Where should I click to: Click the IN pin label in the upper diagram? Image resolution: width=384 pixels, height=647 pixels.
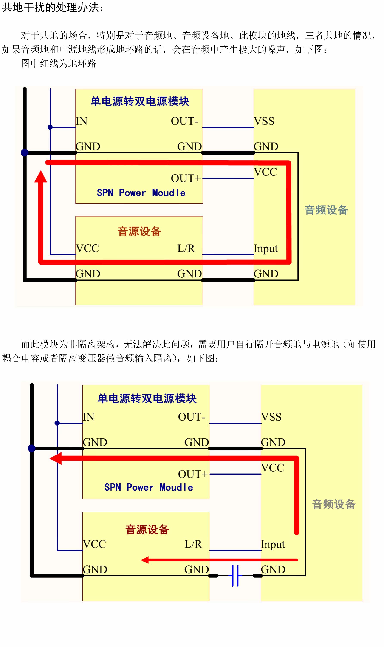[x=82, y=121]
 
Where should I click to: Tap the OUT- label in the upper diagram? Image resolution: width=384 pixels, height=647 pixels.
[x=184, y=121]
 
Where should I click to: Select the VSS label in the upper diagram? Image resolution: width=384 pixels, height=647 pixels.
[x=264, y=121]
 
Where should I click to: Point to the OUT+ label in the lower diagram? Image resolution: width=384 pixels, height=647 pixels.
[x=193, y=474]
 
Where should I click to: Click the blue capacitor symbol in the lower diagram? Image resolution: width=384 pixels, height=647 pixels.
[x=235, y=576]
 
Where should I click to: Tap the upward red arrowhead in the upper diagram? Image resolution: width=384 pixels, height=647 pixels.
[x=41, y=177]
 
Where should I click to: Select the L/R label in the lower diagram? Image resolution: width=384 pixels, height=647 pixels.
[x=193, y=544]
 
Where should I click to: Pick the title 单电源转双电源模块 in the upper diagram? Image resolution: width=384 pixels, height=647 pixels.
[x=140, y=101]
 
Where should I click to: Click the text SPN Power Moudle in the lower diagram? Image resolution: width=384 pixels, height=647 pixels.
[x=149, y=487]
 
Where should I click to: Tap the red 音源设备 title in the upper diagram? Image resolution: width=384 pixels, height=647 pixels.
[x=139, y=231]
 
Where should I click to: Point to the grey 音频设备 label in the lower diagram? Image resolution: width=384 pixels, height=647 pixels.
[x=334, y=504]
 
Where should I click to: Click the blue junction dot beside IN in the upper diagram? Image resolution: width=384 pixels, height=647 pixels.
[x=50, y=127]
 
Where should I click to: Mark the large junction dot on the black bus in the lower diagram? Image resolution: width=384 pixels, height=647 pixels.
[x=32, y=448]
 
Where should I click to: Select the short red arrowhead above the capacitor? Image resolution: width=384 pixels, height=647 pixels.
[x=145, y=560]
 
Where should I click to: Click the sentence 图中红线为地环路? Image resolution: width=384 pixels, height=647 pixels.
[x=59, y=63]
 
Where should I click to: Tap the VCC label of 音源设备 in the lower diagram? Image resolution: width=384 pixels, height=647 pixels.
[x=94, y=544]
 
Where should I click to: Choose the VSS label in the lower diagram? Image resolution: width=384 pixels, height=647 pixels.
[x=271, y=417]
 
